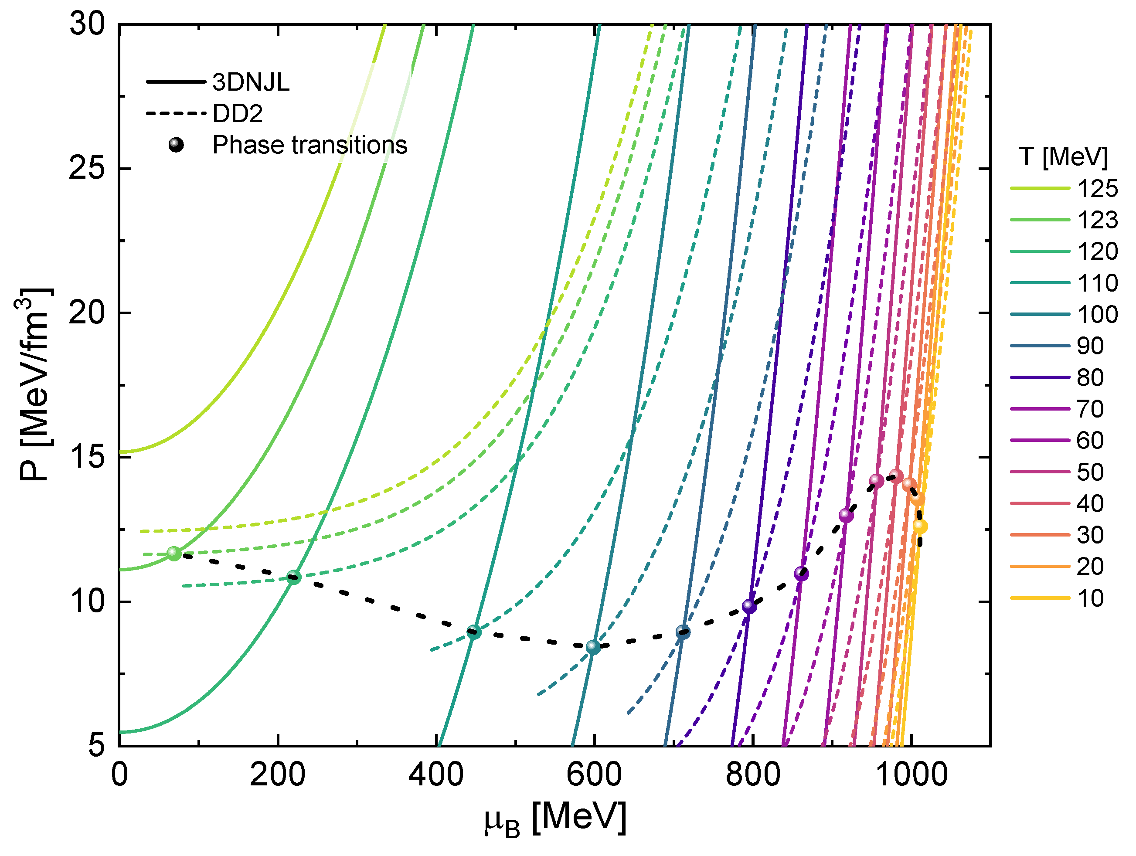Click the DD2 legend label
coord(237,113)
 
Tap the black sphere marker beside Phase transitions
coord(176,145)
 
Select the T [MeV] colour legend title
coord(1063,156)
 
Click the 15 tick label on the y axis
coord(86,458)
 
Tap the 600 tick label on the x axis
coord(594,775)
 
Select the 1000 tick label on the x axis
coord(911,775)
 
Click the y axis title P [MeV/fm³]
coord(34,385)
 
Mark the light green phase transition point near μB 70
coord(174,554)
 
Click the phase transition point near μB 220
coord(293,577)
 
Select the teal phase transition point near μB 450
coord(474,632)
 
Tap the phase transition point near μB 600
coord(593,647)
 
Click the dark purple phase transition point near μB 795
coord(749,606)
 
